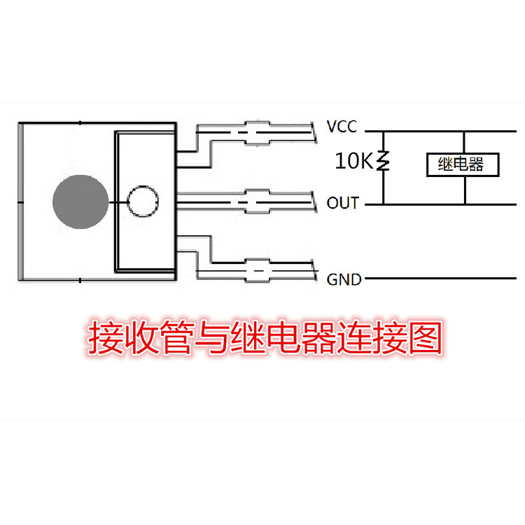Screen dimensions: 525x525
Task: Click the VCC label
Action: pyautogui.click(x=342, y=127)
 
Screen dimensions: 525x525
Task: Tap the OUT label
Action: pyautogui.click(x=343, y=203)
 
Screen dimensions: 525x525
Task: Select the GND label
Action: pyautogui.click(x=344, y=279)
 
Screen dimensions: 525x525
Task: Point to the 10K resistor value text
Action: pyautogui.click(x=354, y=161)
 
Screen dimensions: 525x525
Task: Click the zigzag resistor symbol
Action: pyautogui.click(x=384, y=161)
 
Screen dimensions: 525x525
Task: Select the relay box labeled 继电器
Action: pyautogui.click(x=463, y=164)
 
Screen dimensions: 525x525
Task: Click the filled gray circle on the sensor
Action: pyautogui.click(x=80, y=202)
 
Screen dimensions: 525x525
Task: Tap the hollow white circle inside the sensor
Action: pyautogui.click(x=143, y=201)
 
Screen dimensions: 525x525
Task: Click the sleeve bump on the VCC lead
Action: pyautogui.click(x=257, y=133)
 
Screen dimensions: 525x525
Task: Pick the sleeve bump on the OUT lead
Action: pyautogui.click(x=257, y=202)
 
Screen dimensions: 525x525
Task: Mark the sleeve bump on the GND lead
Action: pyautogui.click(x=257, y=270)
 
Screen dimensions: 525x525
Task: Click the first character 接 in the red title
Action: pyautogui.click(x=104, y=337)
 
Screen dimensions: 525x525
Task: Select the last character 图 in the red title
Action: pyautogui.click(x=426, y=337)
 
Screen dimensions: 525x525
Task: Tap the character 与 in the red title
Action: pyautogui.click(x=211, y=337)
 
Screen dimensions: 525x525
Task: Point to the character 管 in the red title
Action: pyautogui.click(x=176, y=337)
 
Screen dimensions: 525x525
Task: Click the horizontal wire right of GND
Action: pyautogui.click(x=440, y=278)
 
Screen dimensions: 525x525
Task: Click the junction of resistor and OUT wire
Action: pyautogui.click(x=384, y=204)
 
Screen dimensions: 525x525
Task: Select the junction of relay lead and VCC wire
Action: pyautogui.click(x=464, y=132)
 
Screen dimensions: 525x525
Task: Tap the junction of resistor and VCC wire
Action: pyautogui.click(x=384, y=132)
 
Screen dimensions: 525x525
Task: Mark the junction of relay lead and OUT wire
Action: pyautogui.click(x=465, y=204)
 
